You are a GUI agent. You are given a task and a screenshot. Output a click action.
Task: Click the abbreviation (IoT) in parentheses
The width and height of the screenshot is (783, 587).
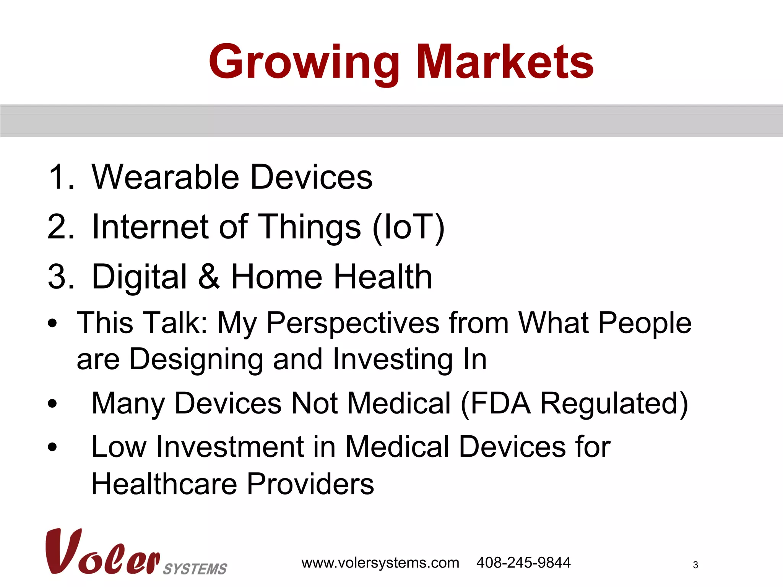(408, 227)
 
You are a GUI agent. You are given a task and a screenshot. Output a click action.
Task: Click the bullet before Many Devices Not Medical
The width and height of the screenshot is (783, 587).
(53, 404)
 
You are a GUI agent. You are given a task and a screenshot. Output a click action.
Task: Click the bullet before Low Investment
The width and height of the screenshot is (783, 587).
(53, 447)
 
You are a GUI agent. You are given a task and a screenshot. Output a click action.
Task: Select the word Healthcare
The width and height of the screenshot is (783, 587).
(164, 484)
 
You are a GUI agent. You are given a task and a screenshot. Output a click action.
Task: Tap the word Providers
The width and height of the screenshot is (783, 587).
(310, 484)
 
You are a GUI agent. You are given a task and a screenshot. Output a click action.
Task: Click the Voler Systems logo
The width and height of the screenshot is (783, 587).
(136, 553)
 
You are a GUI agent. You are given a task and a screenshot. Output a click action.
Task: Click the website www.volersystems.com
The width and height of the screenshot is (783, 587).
(380, 563)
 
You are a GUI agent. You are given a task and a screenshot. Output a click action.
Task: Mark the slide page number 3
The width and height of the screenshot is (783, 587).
(695, 565)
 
